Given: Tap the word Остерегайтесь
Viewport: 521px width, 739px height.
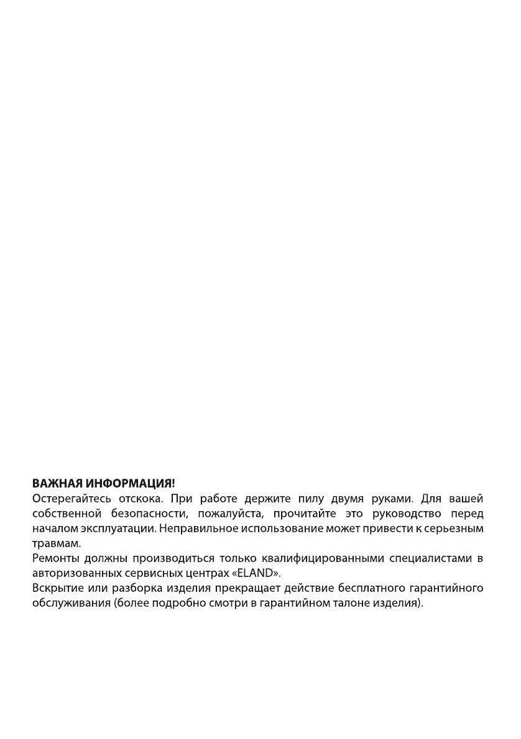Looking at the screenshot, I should pos(71,499).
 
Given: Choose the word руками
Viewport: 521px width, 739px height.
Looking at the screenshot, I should pos(392,499).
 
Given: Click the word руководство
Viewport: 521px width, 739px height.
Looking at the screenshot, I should pos(407,514).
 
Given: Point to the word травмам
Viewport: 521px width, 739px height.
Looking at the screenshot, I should pos(56,543).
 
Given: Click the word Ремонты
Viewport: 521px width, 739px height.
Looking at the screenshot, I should pos(54,558).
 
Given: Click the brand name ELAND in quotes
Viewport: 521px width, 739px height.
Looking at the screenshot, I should pos(260,573).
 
